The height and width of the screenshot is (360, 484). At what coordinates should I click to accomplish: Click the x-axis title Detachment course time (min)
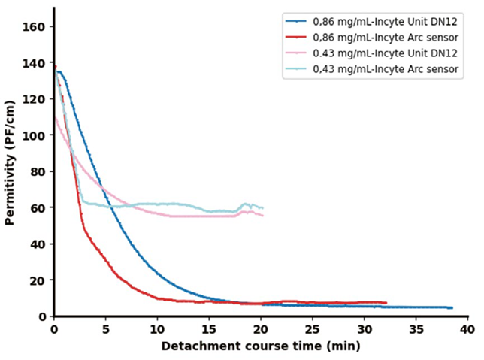260,346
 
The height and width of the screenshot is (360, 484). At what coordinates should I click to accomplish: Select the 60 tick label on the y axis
39,207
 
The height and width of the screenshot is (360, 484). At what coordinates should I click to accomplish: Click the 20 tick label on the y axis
39,280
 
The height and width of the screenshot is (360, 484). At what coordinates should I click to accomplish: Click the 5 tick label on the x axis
105,329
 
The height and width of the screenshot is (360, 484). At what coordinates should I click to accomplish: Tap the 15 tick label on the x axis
209,329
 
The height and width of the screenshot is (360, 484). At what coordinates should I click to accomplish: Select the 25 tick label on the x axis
313,329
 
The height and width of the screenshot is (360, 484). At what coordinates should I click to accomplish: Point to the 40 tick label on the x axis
467,329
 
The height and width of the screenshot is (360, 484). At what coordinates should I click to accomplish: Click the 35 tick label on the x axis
416,329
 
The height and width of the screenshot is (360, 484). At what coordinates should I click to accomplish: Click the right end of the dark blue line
452,307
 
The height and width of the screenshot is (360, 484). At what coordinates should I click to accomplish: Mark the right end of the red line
386,303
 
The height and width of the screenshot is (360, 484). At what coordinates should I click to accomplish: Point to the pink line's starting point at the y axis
54,117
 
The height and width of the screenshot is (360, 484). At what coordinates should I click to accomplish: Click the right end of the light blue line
263,208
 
